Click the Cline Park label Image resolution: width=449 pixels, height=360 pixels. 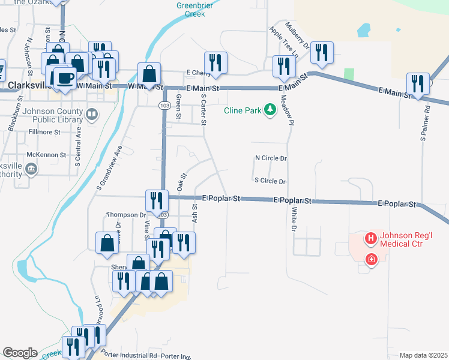tap(243, 110)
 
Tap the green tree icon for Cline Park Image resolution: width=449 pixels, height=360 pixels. tap(270, 109)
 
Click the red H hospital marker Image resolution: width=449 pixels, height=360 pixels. tap(370, 239)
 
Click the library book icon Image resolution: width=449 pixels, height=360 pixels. tap(92, 114)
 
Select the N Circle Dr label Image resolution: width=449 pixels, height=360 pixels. tap(271, 158)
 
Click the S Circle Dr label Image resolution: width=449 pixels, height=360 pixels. tap(270, 181)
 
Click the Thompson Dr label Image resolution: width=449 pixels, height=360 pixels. tap(126, 215)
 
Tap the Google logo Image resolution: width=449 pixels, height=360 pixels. tap(20, 353)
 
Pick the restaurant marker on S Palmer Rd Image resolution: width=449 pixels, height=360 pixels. tap(417, 83)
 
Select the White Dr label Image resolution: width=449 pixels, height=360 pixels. tap(294, 220)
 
